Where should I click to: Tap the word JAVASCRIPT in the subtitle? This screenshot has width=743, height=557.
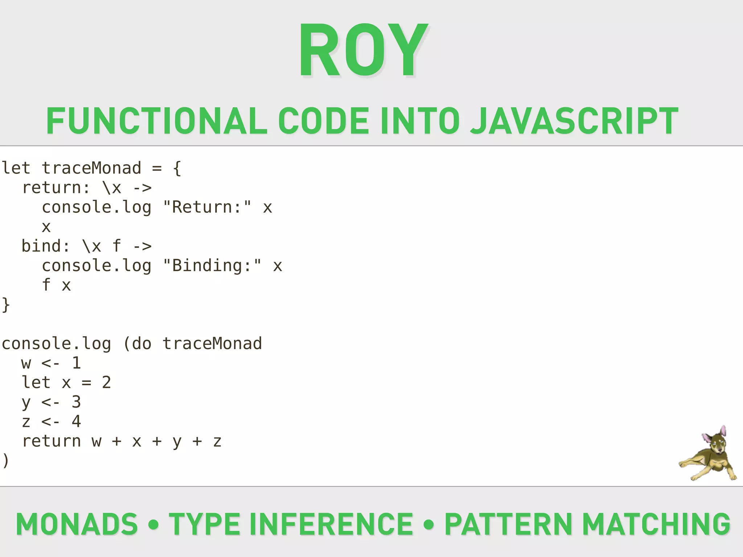click(574, 121)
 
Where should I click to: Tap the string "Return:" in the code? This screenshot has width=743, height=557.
click(207, 207)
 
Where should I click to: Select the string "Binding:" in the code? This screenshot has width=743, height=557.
click(212, 266)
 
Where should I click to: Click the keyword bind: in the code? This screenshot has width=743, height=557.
click(46, 246)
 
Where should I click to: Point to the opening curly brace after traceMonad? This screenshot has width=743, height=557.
click(177, 168)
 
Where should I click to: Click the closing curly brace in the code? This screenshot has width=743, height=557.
click(6, 305)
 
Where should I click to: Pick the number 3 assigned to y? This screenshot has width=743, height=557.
click(76, 402)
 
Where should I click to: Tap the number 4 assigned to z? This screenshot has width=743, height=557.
click(76, 421)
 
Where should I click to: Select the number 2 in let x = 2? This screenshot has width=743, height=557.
click(106, 383)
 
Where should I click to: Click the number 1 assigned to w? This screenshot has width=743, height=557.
click(76, 363)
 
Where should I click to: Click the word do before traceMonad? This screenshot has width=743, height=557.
click(141, 344)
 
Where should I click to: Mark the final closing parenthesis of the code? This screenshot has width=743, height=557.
click(5, 461)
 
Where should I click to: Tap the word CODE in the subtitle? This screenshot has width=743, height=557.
click(324, 121)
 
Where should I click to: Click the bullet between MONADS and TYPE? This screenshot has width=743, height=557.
click(153, 524)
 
